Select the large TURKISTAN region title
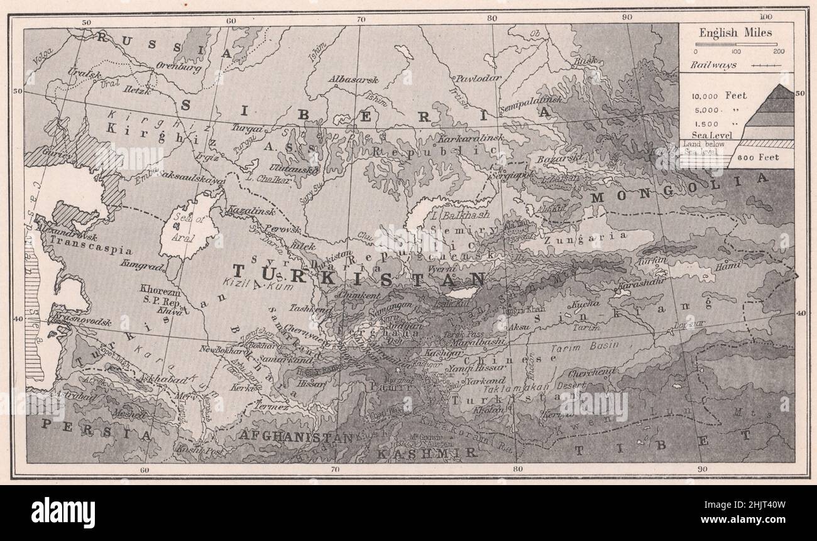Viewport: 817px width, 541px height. pyautogui.click(x=358, y=275)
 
